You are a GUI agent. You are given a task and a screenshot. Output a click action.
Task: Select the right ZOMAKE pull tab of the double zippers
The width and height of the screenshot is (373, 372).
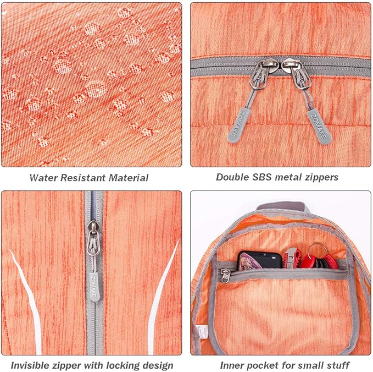[x=319, y=127]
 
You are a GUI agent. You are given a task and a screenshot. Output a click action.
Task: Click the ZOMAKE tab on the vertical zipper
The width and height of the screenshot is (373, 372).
[x=94, y=287]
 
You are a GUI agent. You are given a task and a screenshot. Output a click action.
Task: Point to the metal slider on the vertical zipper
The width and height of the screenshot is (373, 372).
[x=93, y=238]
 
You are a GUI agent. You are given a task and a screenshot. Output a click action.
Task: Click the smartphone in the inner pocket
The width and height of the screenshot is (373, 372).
[x=260, y=260]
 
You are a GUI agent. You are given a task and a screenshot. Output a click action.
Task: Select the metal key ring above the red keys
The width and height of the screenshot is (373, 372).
[x=316, y=249]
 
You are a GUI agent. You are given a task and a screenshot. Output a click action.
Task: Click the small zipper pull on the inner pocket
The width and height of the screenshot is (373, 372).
[x=225, y=275]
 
